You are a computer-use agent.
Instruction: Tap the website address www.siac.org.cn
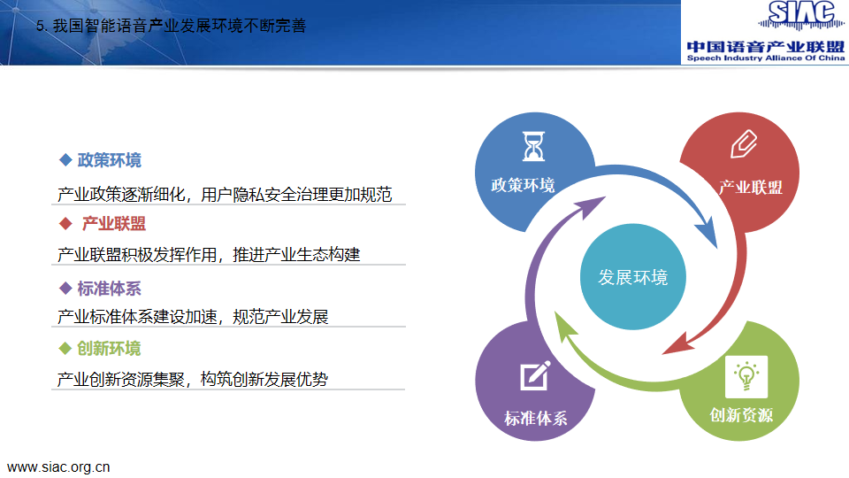[x=58, y=467]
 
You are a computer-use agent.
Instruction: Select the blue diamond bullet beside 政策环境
[x=65, y=159]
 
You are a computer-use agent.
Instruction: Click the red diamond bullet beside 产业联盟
[x=65, y=223]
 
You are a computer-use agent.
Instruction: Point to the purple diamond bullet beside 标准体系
[x=65, y=289]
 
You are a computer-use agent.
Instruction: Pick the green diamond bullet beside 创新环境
[x=65, y=349]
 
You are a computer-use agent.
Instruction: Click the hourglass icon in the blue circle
[x=533, y=146]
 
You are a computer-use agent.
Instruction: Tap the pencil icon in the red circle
[x=744, y=143]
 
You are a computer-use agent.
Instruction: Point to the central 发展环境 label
[x=633, y=277]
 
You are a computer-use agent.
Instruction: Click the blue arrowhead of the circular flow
[x=707, y=231]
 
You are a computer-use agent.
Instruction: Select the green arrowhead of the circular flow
[x=564, y=327]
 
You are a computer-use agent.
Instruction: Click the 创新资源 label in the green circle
[x=741, y=415]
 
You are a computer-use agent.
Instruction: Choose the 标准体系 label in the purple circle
[x=536, y=419]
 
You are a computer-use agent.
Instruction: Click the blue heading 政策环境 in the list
[x=110, y=160]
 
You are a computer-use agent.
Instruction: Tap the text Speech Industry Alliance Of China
[x=766, y=58]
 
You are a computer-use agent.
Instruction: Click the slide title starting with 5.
[x=171, y=26]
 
